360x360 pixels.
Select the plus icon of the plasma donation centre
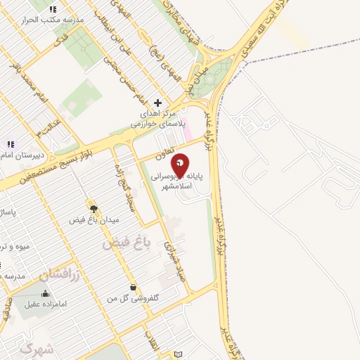tap(157, 103)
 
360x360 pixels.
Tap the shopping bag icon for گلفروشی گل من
tap(134, 286)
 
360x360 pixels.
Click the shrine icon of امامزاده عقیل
tap(45, 293)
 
